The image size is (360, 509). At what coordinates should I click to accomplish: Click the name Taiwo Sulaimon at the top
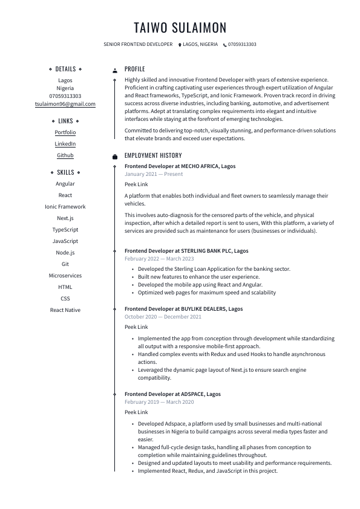coord(180,28)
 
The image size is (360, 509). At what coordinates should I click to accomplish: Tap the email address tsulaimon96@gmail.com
coord(65,104)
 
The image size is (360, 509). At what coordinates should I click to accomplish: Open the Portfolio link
coord(65,132)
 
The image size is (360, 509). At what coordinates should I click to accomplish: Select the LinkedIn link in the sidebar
coord(65,144)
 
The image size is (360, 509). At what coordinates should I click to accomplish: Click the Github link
coord(65,155)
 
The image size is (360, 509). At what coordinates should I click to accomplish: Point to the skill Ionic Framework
coord(65,207)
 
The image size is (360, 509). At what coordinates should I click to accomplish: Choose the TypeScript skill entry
coord(65,230)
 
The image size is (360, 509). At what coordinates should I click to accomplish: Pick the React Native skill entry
coord(65,310)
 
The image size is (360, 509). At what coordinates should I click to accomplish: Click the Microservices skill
coord(65,276)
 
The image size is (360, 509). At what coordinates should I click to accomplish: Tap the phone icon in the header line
coord(225,45)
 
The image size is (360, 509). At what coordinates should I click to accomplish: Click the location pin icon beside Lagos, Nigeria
coord(180,45)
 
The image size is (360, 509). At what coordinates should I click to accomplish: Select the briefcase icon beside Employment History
coord(115,156)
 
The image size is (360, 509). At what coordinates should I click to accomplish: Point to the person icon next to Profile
coord(115,70)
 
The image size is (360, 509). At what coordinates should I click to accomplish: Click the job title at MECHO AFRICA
coord(180,166)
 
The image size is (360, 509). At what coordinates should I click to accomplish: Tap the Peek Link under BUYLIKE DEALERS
coord(136,327)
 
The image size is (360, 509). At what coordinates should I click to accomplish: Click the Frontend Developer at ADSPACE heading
coord(172,394)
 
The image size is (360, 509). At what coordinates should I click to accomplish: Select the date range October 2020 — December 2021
coord(163,317)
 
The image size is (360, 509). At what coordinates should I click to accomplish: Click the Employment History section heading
coord(153,155)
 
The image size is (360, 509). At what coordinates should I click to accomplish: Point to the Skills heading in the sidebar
coord(65,172)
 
